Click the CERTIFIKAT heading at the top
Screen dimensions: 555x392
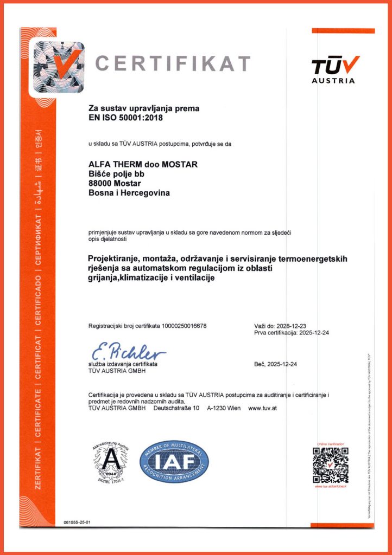tap(173, 63)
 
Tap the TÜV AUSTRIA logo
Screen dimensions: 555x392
tap(334, 70)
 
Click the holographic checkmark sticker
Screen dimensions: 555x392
tap(59, 67)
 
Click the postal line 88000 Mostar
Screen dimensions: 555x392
tap(111, 183)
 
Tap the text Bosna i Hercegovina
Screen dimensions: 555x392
tap(129, 192)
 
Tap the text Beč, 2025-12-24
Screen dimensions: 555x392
tap(275, 364)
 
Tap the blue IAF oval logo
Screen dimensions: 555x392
tap(174, 461)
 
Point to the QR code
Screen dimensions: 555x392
tap(330, 465)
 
